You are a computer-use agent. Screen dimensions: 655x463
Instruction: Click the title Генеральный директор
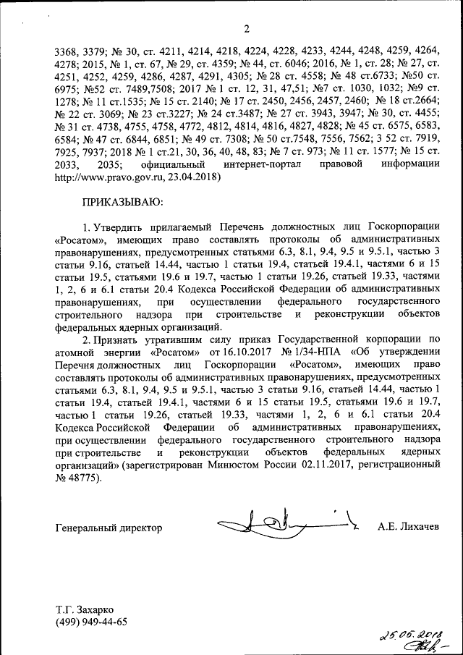click(109, 528)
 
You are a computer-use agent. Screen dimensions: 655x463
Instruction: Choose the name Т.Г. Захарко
click(84, 609)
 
